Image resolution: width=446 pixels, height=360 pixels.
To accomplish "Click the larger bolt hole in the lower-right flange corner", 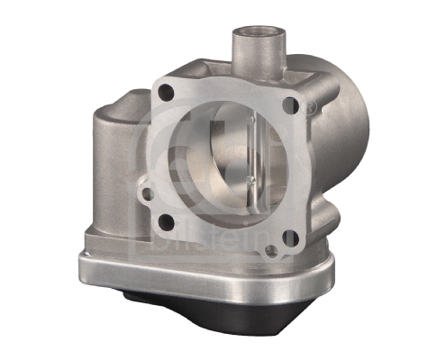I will coord(290,237).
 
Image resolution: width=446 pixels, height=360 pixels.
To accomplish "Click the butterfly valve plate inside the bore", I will coord(221,166).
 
